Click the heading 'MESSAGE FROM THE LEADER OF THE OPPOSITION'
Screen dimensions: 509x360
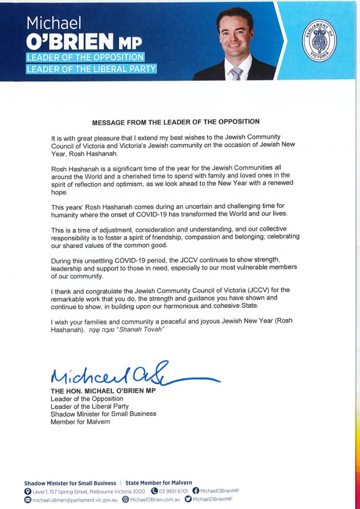[175, 122]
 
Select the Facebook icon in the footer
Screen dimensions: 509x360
[195, 491]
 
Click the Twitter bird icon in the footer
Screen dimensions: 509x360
[188, 499]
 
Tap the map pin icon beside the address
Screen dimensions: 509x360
[28, 491]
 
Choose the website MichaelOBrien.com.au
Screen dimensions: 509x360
[155, 499]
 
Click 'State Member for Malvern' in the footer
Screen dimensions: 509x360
[158, 483]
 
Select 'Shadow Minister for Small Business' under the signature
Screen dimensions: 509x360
[103, 414]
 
